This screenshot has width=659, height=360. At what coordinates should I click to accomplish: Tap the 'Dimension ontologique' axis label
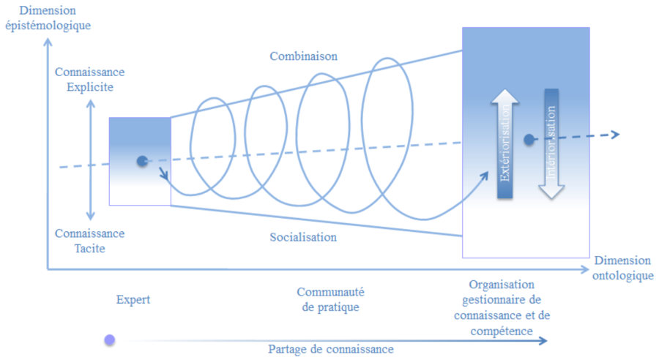622,268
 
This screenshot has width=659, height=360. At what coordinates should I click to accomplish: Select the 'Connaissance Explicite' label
89,80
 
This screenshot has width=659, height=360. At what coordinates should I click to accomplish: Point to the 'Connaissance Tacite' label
89,241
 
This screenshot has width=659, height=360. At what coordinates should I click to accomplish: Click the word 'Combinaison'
303,56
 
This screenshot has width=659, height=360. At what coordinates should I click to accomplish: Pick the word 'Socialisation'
302,237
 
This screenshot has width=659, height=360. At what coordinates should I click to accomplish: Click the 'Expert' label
133,299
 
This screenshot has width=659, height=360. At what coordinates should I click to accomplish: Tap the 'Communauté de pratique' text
330,300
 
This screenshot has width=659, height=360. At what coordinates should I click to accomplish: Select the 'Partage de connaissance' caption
330,349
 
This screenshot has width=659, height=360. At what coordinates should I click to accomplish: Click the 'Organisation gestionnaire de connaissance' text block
502,307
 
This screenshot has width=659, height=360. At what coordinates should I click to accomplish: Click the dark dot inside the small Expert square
141,161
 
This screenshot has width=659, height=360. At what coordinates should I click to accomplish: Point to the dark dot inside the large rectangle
528,139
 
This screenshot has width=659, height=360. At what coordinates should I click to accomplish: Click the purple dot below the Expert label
110,340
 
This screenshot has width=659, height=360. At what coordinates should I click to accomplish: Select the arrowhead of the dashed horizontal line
615,134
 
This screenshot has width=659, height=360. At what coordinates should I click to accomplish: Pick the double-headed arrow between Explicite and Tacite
90,160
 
